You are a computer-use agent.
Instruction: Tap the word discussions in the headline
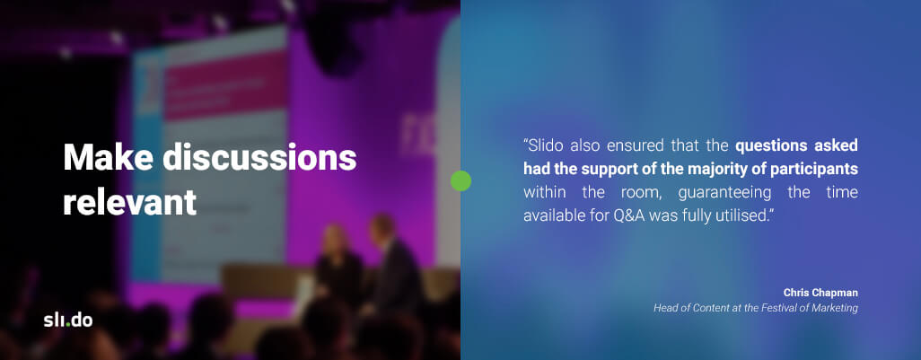pos(259,157)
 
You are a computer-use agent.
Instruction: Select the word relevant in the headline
pos(130,203)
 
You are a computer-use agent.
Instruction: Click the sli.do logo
pos(67,320)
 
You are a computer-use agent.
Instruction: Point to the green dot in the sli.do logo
pos(67,324)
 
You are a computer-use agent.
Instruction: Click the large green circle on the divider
pos(460,180)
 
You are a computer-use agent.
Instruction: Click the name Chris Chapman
pos(820,293)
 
